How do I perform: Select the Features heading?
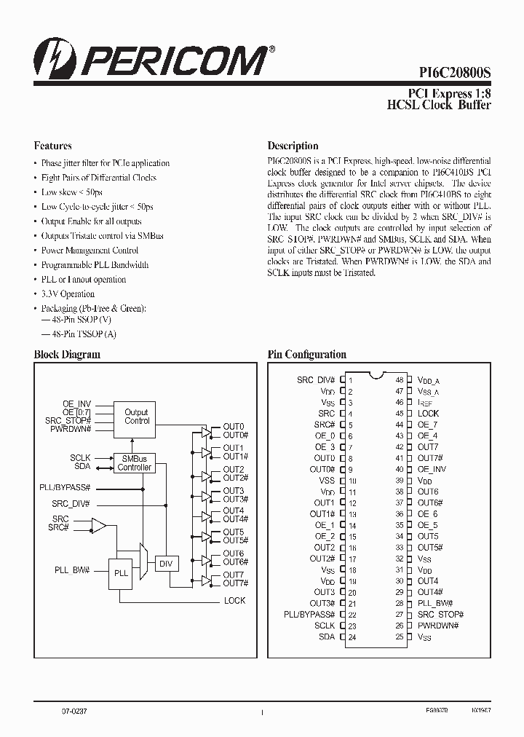(x=53, y=146)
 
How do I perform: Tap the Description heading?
(x=293, y=146)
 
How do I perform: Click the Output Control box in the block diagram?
(x=136, y=417)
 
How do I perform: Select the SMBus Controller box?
(x=135, y=463)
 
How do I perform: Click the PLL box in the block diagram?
(x=121, y=573)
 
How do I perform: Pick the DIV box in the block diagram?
(x=165, y=564)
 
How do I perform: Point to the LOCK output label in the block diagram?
(x=234, y=601)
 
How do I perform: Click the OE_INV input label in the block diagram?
(x=76, y=403)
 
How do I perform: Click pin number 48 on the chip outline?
(x=400, y=380)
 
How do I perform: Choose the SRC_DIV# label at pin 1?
(x=316, y=380)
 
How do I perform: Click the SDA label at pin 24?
(x=327, y=637)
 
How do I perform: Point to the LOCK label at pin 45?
(x=428, y=414)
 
